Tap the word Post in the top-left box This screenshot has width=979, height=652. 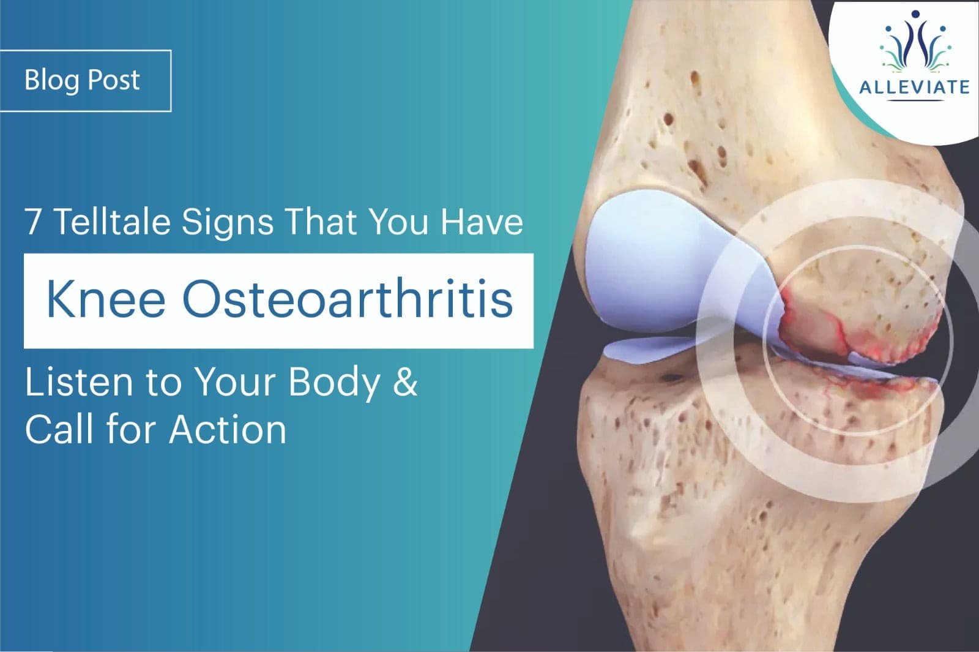pyautogui.click(x=114, y=80)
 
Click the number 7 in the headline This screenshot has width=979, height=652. pyautogui.click(x=33, y=221)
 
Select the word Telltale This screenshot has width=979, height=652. pyautogui.click(x=113, y=221)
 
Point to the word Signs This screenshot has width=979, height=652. pyautogui.click(x=227, y=223)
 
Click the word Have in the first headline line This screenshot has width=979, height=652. pyautogui.click(x=482, y=221)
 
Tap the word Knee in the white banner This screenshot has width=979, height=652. pyautogui.click(x=106, y=300)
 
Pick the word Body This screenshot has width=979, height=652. pyautogui.click(x=334, y=384)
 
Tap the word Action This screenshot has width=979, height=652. pyautogui.click(x=228, y=429)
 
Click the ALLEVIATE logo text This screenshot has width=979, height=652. pyautogui.click(x=914, y=87)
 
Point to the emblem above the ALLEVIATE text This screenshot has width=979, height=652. pyautogui.click(x=914, y=42)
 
